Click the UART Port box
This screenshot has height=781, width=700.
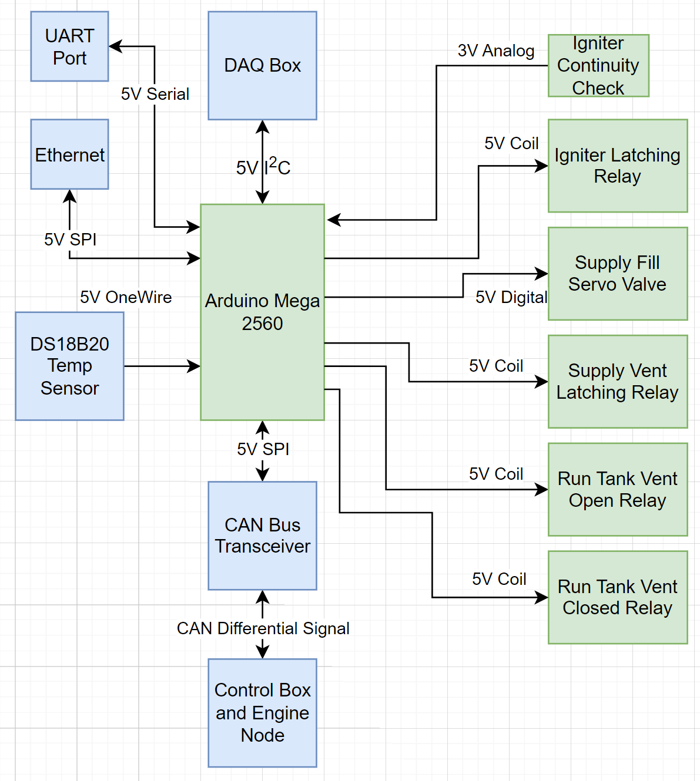69,46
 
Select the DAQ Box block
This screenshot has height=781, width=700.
262,66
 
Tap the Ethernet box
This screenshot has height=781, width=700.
69,154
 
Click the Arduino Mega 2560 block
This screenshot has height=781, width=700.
262,312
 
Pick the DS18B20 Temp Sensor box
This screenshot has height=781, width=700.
69,366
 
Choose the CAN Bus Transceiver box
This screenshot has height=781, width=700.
262,536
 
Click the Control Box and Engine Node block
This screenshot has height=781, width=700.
262,712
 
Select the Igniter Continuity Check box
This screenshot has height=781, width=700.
598,66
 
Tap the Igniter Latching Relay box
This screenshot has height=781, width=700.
617,166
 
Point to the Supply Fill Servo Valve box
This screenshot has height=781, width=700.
617,274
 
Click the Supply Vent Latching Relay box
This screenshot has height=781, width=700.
617,382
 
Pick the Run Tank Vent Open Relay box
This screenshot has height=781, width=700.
617,489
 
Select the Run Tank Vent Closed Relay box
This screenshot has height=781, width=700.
617,597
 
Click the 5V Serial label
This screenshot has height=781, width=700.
155,94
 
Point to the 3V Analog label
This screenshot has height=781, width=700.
496,51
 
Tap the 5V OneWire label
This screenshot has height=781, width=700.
126,297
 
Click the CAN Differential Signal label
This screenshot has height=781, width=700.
263,628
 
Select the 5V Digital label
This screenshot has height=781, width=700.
511,297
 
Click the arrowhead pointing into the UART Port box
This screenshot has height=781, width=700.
115,46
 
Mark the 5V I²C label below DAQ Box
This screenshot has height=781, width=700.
263,167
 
